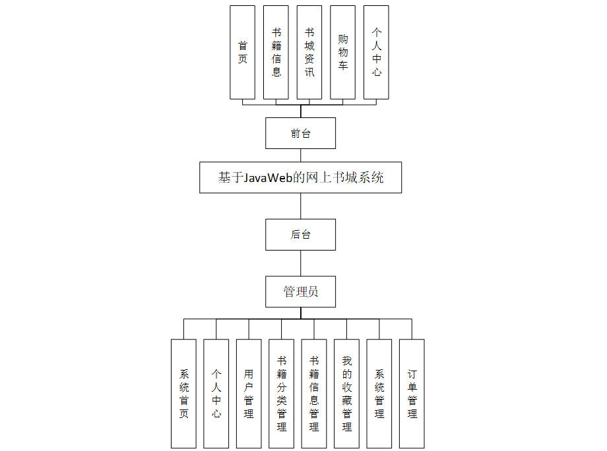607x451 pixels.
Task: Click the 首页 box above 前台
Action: click(x=242, y=53)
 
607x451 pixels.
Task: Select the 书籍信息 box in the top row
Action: click(x=276, y=53)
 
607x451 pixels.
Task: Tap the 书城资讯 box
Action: click(x=309, y=53)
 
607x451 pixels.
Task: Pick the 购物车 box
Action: click(x=342, y=53)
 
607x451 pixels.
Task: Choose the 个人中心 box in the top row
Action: click(x=376, y=53)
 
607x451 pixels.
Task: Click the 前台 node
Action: click(x=301, y=133)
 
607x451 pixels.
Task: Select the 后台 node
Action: click(x=301, y=234)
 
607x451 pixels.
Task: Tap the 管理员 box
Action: click(x=301, y=291)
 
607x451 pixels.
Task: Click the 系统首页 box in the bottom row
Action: click(x=184, y=394)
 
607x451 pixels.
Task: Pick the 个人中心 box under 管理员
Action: click(x=216, y=394)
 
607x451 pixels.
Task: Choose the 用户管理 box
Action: click(x=249, y=394)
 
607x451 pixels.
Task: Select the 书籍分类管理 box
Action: click(x=282, y=394)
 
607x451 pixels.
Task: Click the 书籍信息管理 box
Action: click(x=314, y=394)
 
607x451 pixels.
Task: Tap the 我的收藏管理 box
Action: click(x=347, y=394)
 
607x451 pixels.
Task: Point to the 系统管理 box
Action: click(x=379, y=394)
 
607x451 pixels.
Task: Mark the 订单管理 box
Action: click(x=412, y=394)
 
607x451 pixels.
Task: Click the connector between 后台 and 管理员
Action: click(x=301, y=263)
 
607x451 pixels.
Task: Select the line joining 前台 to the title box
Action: click(x=301, y=156)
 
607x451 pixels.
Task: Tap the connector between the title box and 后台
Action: click(x=301, y=206)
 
